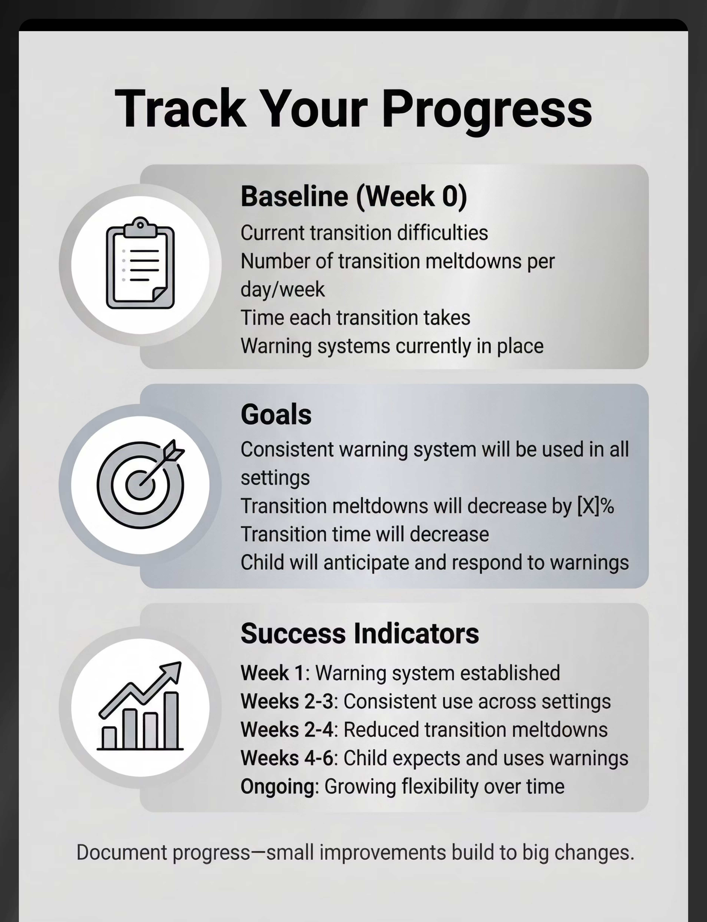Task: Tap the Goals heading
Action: (276, 415)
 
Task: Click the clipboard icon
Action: (140, 263)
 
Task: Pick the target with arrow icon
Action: (141, 484)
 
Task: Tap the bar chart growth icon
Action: (140, 706)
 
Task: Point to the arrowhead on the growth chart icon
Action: (173, 670)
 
